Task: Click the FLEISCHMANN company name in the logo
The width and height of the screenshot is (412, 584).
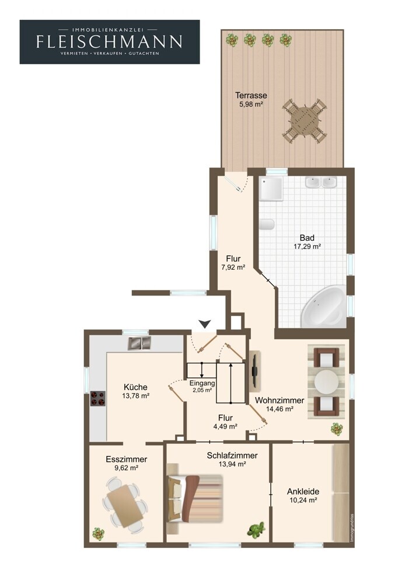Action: coord(110,41)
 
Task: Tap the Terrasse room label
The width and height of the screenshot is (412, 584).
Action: coord(251,95)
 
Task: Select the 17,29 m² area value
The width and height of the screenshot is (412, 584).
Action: coord(307,246)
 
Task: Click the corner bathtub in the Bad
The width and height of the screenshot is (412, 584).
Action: coord(323,307)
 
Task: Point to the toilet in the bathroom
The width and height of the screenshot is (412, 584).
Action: coord(267,224)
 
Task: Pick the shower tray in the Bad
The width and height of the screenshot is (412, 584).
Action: coord(271,189)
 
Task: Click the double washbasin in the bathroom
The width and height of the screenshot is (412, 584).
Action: coord(321,182)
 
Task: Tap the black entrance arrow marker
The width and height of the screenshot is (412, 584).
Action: coord(204,324)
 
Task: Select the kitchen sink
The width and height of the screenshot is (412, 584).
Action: coord(139,343)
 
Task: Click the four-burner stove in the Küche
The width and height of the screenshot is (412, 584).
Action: coord(98,398)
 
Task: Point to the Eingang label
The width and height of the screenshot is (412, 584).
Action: coord(202,383)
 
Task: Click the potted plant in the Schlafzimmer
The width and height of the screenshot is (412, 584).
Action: coord(256,530)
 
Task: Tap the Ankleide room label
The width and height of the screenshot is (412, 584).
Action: coord(303,492)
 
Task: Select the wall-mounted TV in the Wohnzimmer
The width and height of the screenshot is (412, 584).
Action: coord(254,371)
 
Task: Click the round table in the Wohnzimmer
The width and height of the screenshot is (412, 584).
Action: coord(326,381)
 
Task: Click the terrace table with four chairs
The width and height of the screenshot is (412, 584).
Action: coord(305,121)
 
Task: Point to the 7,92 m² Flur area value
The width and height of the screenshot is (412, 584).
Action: coord(233,267)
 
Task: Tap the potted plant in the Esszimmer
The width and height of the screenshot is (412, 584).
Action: coord(98,534)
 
